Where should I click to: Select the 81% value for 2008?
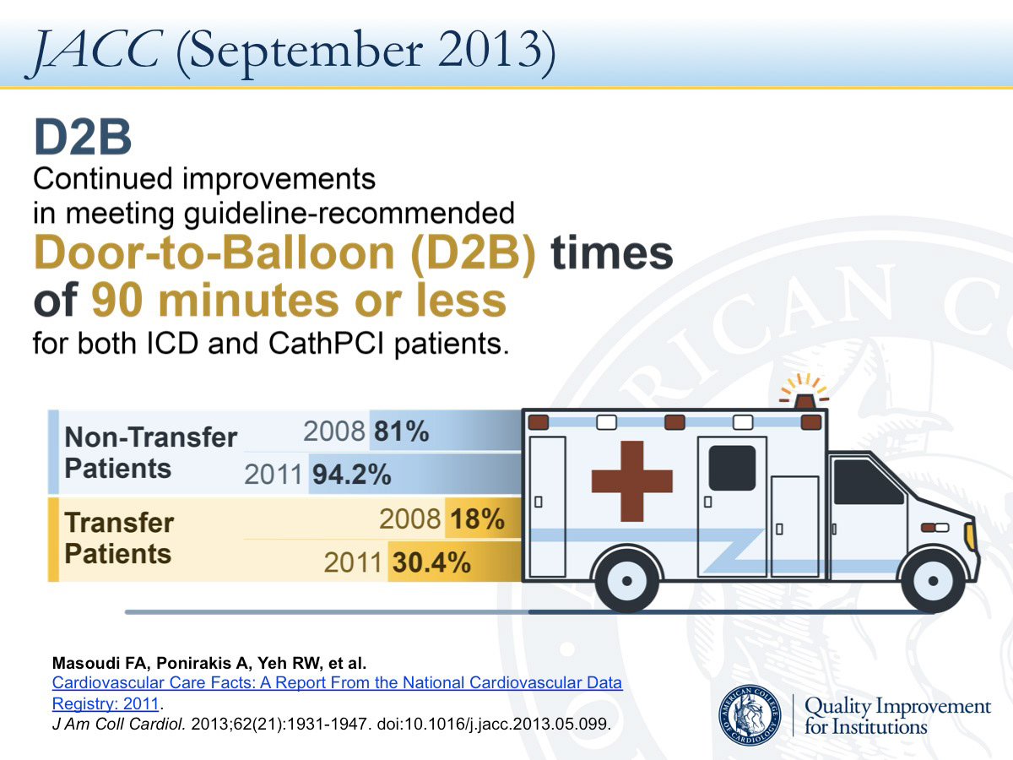pos(401,432)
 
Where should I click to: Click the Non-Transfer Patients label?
pos(150,453)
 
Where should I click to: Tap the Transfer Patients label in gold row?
pos(118,539)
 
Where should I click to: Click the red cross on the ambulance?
pos(631,480)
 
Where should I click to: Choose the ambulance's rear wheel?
pos(626,583)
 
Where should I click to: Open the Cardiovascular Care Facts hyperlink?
pos(338,683)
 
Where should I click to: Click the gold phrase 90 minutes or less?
pos(299,301)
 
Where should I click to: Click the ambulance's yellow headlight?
pos(970,535)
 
